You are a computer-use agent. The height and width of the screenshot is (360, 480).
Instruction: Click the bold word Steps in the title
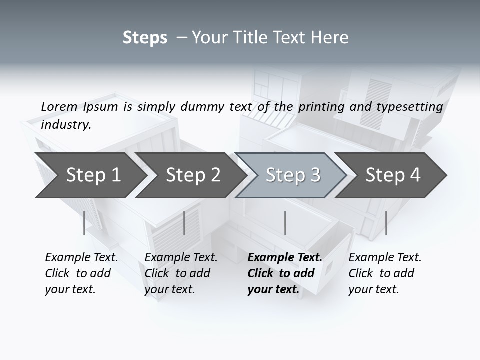[145, 38]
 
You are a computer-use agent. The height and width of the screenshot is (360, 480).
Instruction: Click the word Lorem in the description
[59, 106]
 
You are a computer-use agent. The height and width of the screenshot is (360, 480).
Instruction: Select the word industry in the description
[66, 125]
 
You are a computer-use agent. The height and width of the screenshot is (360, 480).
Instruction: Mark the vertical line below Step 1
[84, 223]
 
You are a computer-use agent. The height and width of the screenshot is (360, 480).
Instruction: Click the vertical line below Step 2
[184, 223]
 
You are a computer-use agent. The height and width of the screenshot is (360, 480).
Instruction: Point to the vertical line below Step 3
[285, 223]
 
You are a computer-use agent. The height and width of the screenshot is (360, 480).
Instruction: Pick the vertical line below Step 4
[386, 223]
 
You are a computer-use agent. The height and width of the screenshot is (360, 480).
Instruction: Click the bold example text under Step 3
[285, 273]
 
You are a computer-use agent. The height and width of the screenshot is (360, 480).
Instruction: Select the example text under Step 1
[81, 273]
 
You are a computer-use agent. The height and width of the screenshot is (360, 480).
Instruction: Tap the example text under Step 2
[181, 273]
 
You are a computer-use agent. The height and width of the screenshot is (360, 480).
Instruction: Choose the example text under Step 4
[385, 273]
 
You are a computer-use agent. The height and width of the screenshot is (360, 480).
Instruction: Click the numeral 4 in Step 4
[414, 175]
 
